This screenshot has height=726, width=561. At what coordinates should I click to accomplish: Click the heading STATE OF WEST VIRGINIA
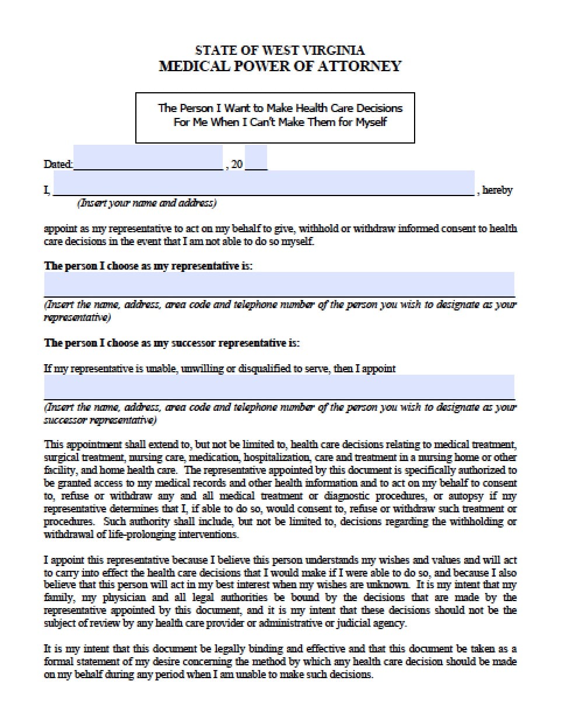(280, 51)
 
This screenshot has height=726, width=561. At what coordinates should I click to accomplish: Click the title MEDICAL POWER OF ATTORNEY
(280, 66)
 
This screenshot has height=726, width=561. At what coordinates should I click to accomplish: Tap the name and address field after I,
(264, 184)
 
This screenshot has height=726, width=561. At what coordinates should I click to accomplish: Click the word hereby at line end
(497, 190)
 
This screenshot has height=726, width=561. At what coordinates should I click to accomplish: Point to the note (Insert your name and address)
(147, 203)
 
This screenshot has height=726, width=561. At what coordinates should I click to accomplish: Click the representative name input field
(279, 285)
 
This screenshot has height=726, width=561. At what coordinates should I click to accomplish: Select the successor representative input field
(279, 387)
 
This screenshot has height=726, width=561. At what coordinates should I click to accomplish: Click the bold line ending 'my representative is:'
(148, 266)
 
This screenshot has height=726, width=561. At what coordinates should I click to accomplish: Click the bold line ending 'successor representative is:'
(171, 343)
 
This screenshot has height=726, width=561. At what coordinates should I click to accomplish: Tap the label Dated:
(58, 165)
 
